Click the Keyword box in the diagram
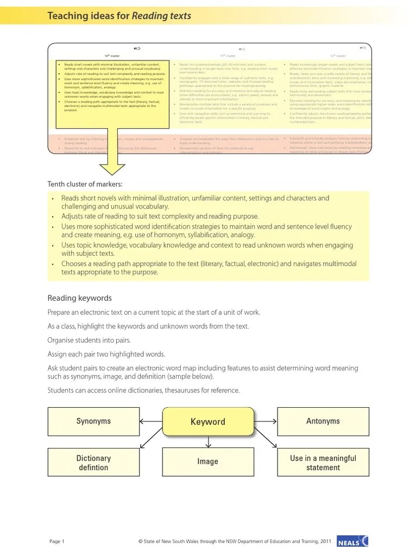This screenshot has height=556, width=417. pyautogui.click(x=208, y=421)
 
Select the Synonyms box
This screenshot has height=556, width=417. pyautogui.click(x=93, y=421)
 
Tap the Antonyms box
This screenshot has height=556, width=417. pyautogui.click(x=323, y=421)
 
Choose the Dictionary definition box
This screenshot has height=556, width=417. pyautogui.click(x=93, y=463)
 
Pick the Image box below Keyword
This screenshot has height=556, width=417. pyautogui.click(x=208, y=462)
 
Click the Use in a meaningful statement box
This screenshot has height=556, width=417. pyautogui.click(x=323, y=463)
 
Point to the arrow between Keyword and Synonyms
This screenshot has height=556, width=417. pyautogui.click(x=151, y=421)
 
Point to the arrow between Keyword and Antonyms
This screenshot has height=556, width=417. pyautogui.click(x=266, y=421)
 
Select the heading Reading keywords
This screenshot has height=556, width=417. pyautogui.click(x=79, y=298)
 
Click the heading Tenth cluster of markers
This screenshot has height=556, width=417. pyautogui.click(x=85, y=184)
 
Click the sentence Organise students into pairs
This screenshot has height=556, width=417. pyautogui.click(x=89, y=340)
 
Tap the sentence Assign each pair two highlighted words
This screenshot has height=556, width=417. pyautogui.click(x=106, y=354)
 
